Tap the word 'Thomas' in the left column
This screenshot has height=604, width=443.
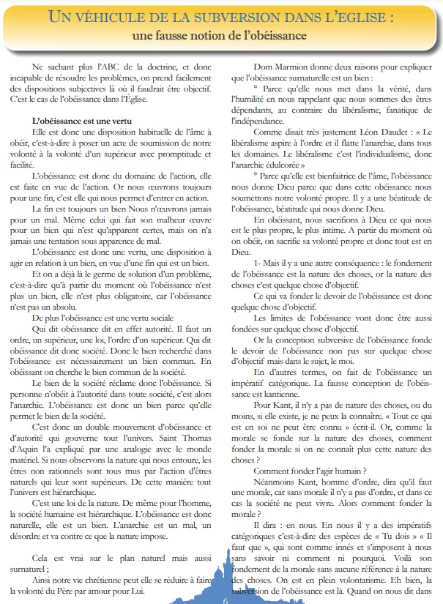[205, 427]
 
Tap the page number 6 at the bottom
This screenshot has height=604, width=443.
[226, 596]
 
